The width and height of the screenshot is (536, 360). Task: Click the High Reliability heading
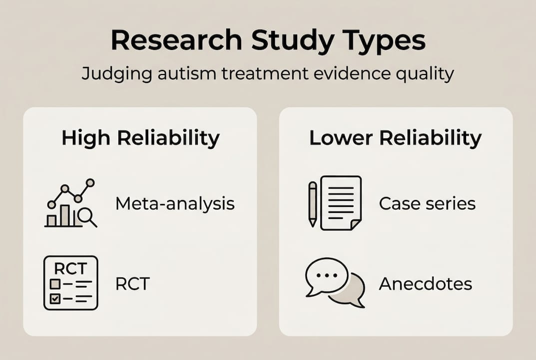tap(140, 138)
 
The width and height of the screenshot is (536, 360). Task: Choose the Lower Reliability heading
tap(395, 138)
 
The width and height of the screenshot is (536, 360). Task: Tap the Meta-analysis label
tap(175, 204)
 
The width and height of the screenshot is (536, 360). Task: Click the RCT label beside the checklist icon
tap(132, 283)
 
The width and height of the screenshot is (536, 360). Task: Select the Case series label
tap(427, 203)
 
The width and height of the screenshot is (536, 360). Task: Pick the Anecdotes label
tap(425, 283)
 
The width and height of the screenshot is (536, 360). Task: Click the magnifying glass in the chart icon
tap(87, 216)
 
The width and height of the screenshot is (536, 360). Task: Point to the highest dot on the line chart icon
tap(90, 182)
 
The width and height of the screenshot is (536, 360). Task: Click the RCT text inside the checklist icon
tap(70, 269)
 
